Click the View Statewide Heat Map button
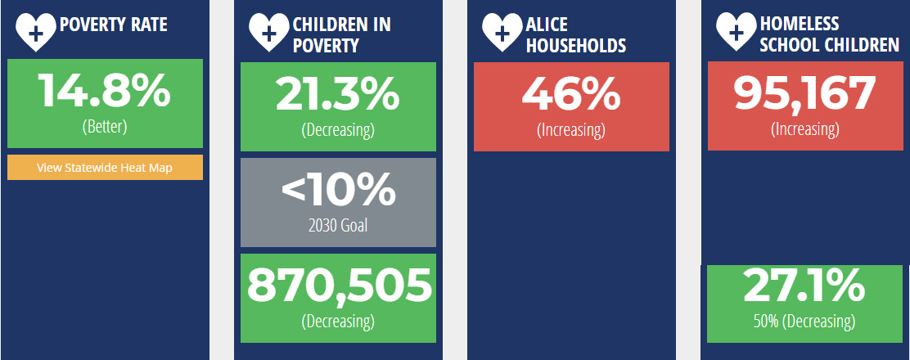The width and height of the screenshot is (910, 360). click(x=105, y=168)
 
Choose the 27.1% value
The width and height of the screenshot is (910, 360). click(x=804, y=284)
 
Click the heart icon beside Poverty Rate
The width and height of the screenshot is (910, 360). click(x=35, y=33)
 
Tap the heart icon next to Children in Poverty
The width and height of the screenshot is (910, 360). click(x=268, y=33)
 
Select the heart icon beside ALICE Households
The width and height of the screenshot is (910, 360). click(x=502, y=33)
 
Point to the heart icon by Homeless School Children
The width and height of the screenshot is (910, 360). click(x=737, y=33)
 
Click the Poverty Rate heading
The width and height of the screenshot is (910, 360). click(x=114, y=25)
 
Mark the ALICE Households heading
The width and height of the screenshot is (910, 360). click(x=576, y=35)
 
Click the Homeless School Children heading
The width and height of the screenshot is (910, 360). click(x=829, y=34)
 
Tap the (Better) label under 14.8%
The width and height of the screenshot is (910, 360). click(x=105, y=127)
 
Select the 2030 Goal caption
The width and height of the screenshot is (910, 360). click(x=338, y=225)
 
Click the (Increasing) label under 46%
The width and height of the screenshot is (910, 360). click(x=571, y=130)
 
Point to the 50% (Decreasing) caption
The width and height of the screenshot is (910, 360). click(x=804, y=321)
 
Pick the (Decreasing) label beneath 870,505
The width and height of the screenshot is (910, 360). click(x=338, y=321)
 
